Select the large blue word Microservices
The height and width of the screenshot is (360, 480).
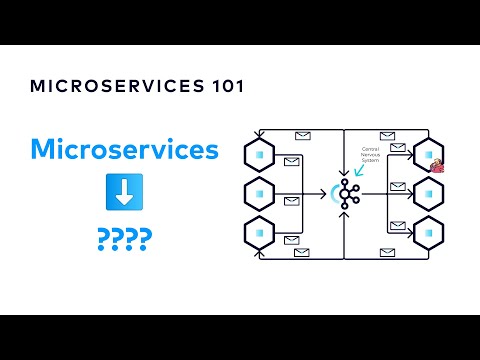tap(124, 150)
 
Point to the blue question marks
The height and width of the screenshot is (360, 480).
tap(124, 240)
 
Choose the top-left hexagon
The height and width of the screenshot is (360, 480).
tap(259, 156)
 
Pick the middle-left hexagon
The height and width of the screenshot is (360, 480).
tap(259, 194)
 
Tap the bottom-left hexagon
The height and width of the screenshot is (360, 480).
tap(259, 233)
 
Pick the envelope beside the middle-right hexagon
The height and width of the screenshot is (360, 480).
tap(397, 187)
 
